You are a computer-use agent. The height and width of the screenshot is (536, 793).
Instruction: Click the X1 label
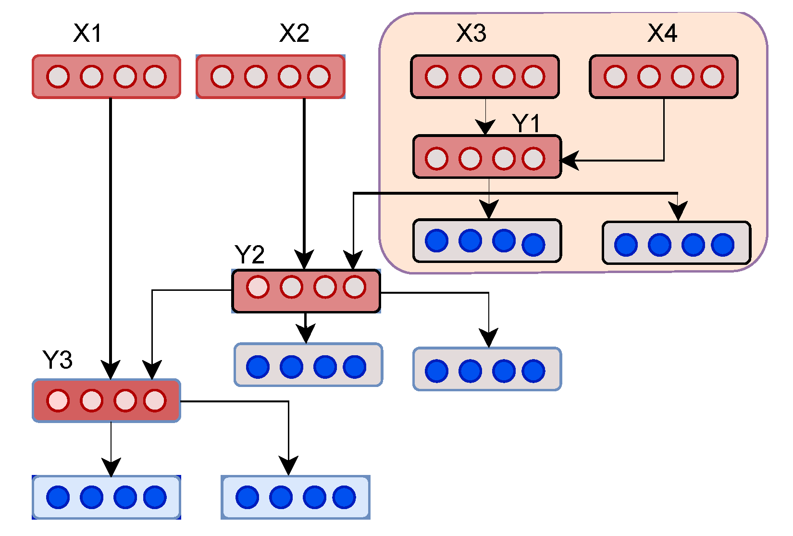click(87, 33)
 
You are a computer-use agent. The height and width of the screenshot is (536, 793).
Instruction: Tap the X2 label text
click(294, 33)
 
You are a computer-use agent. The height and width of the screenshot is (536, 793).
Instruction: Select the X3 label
click(471, 33)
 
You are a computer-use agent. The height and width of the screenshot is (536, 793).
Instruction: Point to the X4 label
click(662, 33)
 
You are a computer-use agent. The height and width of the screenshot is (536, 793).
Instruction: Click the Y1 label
click(526, 124)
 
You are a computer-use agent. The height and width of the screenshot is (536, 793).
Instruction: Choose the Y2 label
click(249, 254)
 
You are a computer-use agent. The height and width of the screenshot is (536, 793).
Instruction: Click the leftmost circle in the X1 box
click(58, 76)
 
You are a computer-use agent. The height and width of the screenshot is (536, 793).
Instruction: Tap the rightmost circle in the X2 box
click(319, 76)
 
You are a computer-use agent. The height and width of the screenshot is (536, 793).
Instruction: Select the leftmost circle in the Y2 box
click(258, 287)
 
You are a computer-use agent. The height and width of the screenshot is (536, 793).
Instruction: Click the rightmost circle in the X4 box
click(712, 76)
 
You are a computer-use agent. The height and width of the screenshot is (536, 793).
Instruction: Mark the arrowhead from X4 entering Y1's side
click(569, 161)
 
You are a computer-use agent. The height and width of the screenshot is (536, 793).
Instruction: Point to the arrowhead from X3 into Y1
click(485, 127)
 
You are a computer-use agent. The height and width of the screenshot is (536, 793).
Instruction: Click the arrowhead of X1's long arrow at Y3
click(111, 371)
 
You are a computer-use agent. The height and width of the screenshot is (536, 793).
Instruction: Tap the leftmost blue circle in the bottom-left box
click(58, 497)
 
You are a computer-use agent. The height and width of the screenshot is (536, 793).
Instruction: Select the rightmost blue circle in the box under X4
click(722, 245)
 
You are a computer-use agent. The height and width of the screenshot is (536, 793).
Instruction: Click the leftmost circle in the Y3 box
click(58, 400)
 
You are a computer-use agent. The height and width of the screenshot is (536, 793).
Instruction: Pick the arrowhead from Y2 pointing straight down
click(306, 334)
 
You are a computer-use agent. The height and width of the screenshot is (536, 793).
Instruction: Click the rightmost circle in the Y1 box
click(533, 159)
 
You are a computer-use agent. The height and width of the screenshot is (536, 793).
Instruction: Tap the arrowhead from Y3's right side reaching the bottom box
click(288, 466)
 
